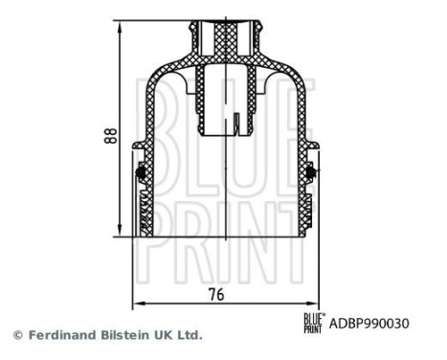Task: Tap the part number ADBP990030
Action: pyautogui.click(x=369, y=324)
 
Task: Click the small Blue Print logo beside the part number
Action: pyautogui.click(x=313, y=323)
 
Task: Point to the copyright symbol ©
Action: pyautogui.click(x=16, y=336)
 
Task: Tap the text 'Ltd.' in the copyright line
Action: pyautogui.click(x=190, y=336)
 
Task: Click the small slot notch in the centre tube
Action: pyautogui.click(x=234, y=123)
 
